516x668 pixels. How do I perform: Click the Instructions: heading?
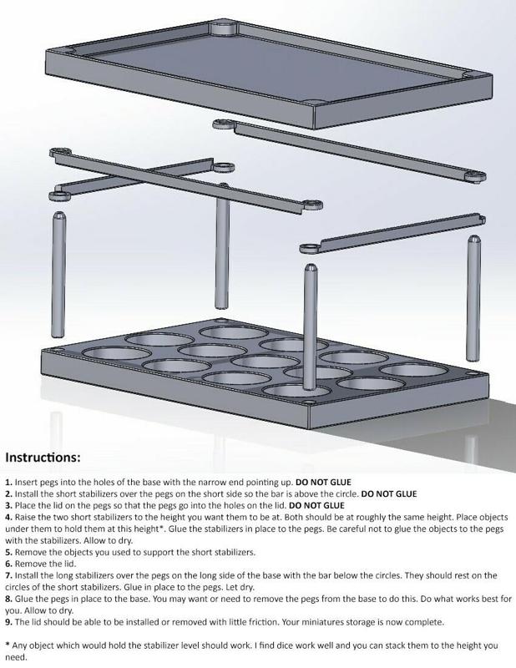(43, 458)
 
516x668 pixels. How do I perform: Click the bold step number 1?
(8, 483)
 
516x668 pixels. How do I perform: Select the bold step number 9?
(8, 622)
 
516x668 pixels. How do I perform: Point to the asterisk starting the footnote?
(8, 644)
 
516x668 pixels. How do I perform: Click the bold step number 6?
(8, 564)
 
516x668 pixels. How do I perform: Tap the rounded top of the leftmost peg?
(58, 215)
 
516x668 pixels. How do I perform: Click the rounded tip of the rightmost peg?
(473, 239)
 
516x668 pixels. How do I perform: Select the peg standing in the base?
(311, 326)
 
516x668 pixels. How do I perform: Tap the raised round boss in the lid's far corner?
(224, 28)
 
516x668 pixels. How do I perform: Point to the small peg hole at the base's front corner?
(308, 402)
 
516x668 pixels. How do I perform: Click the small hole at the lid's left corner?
(68, 51)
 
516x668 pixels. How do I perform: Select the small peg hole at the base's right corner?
(470, 373)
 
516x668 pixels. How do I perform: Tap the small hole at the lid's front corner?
(312, 102)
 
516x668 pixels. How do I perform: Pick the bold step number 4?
(8, 518)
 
